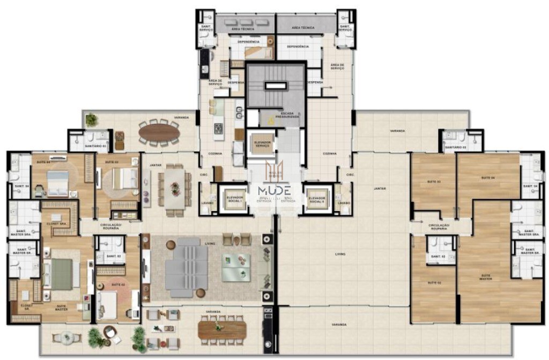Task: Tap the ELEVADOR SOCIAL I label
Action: point(234,198)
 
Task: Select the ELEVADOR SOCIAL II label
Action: point(317,198)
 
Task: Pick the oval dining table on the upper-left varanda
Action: point(159,132)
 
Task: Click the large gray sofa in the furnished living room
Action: point(186,264)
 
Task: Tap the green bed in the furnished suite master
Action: point(61,274)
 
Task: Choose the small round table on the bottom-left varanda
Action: point(68,337)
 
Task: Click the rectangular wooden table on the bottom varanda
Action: point(221,329)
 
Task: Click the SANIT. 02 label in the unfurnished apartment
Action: point(437,257)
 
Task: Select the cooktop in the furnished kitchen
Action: point(219,129)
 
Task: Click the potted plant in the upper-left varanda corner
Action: point(92,119)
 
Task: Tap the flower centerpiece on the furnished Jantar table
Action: point(175,187)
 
